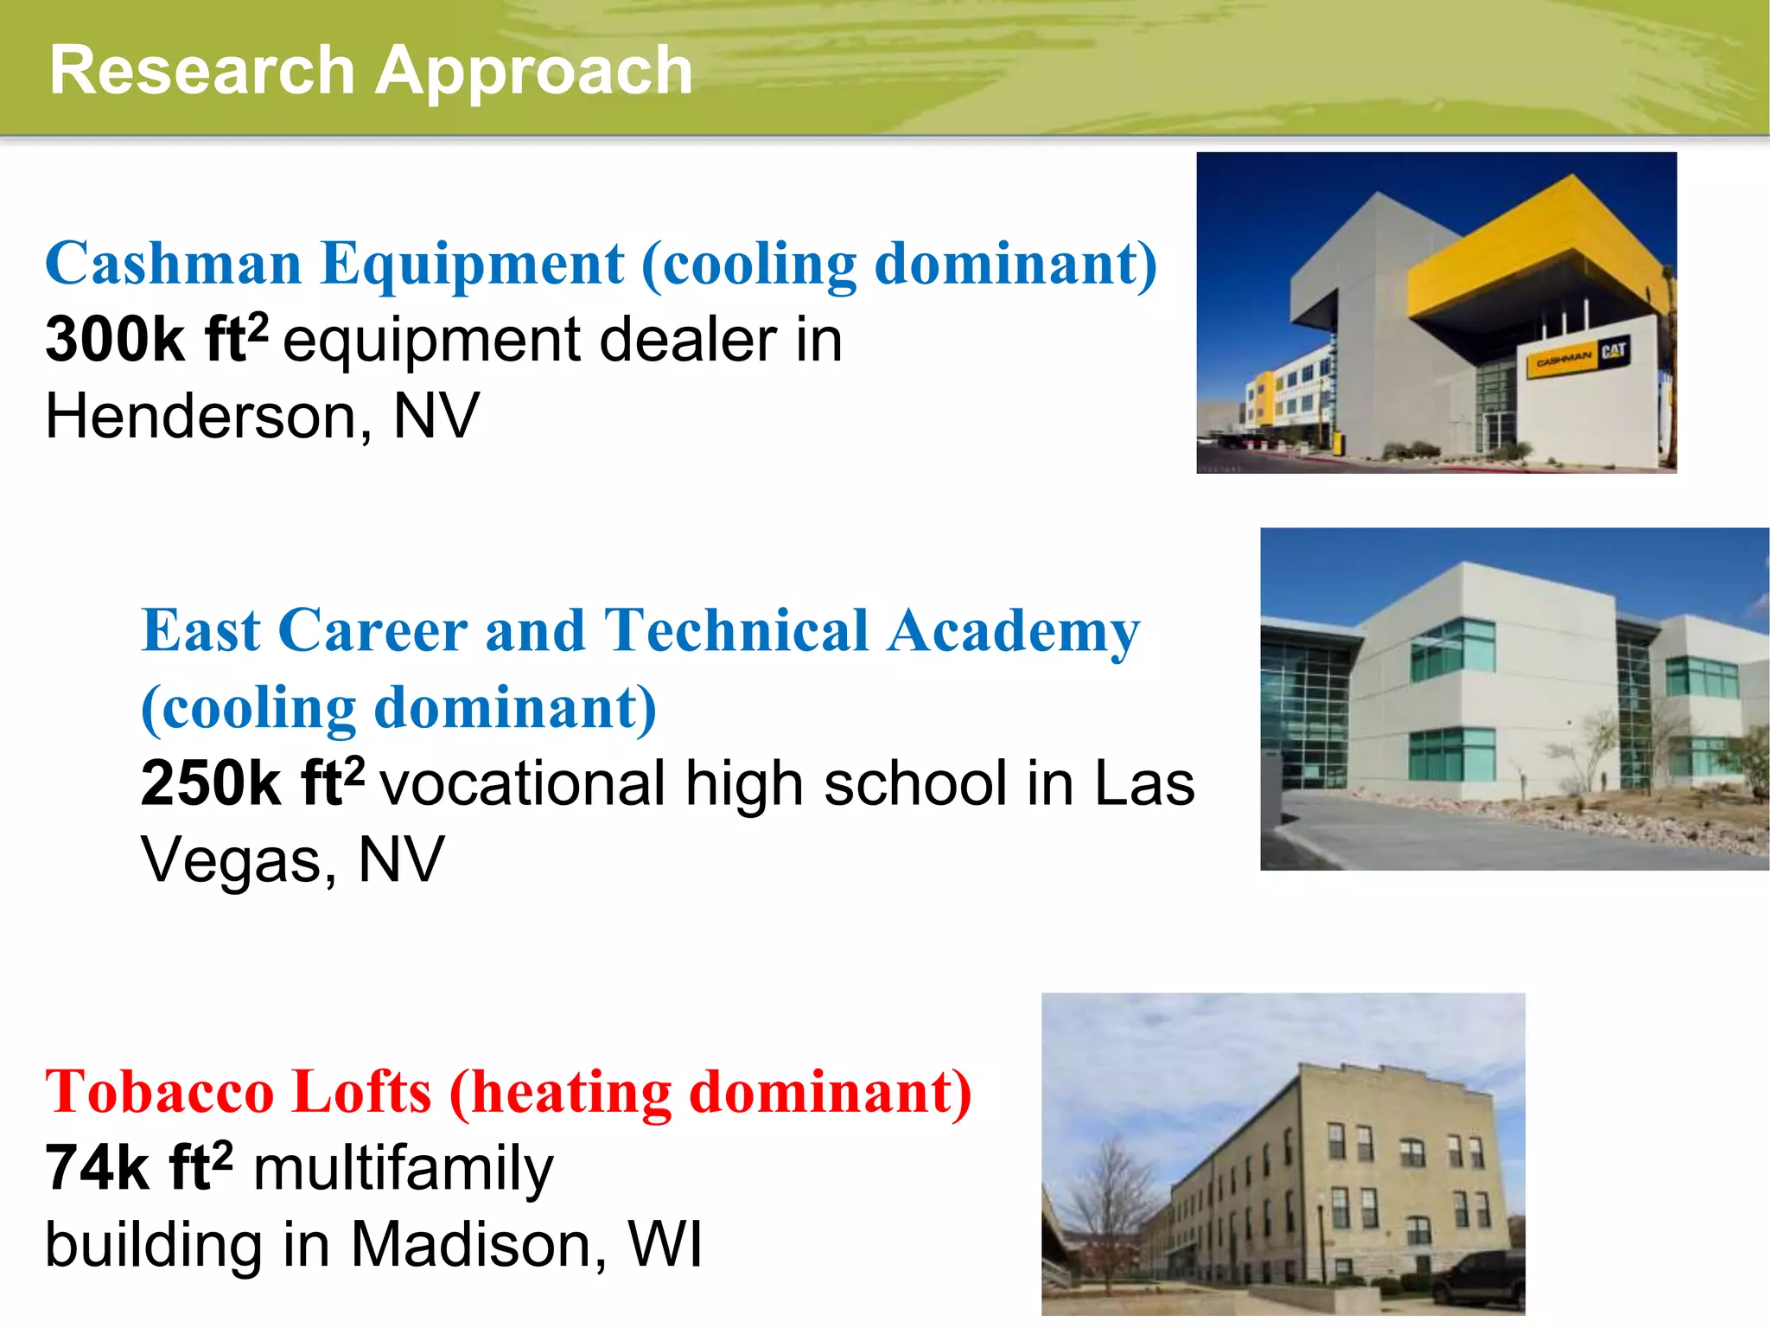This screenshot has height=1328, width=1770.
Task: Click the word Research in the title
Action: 202,71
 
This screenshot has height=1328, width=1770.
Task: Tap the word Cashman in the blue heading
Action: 173,263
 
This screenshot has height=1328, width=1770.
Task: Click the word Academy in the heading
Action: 1014,631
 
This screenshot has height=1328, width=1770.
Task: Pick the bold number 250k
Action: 210,783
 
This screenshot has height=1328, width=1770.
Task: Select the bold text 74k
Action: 98,1168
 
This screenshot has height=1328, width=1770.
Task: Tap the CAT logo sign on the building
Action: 1613,352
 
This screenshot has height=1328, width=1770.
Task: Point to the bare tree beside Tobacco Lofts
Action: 1109,1202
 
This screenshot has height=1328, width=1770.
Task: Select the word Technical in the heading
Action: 736,631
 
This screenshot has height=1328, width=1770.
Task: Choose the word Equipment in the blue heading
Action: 472,263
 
